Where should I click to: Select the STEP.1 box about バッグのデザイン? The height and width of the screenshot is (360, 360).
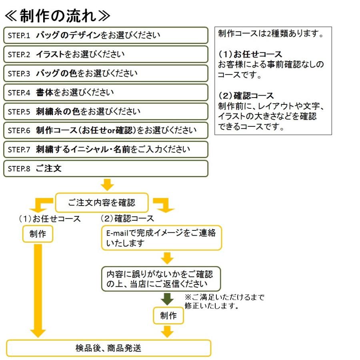coord(106,35)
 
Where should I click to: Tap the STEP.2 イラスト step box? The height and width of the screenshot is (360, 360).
coord(106,54)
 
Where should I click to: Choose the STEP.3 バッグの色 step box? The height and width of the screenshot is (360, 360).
coord(106,73)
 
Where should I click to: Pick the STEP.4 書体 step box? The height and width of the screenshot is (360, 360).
coord(106,92)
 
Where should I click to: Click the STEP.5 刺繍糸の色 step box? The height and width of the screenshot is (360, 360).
coord(106,111)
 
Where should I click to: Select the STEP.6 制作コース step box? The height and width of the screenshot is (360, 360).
coord(106,130)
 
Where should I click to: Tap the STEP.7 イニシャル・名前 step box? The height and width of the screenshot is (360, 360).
coord(106,149)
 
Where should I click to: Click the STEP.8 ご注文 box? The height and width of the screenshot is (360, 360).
coord(106,168)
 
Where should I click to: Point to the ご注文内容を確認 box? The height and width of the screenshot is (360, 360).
coord(102,202)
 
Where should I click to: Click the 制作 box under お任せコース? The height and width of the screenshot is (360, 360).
coord(38,234)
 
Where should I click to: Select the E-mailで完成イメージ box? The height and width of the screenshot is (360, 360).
coord(161,238)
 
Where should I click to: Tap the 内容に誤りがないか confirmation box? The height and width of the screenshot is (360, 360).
coord(161,279)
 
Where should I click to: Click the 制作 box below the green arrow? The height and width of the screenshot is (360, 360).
coord(168,316)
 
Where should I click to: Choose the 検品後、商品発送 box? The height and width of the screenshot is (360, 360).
coord(108,348)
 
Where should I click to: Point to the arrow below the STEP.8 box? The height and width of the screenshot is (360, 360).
coord(107,184)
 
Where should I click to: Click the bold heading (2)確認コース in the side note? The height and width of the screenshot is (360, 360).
coord(246,96)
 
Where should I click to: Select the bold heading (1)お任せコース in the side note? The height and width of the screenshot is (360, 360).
coord(250,54)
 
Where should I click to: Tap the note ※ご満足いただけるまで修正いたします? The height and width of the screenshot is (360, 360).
coord(224,302)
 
